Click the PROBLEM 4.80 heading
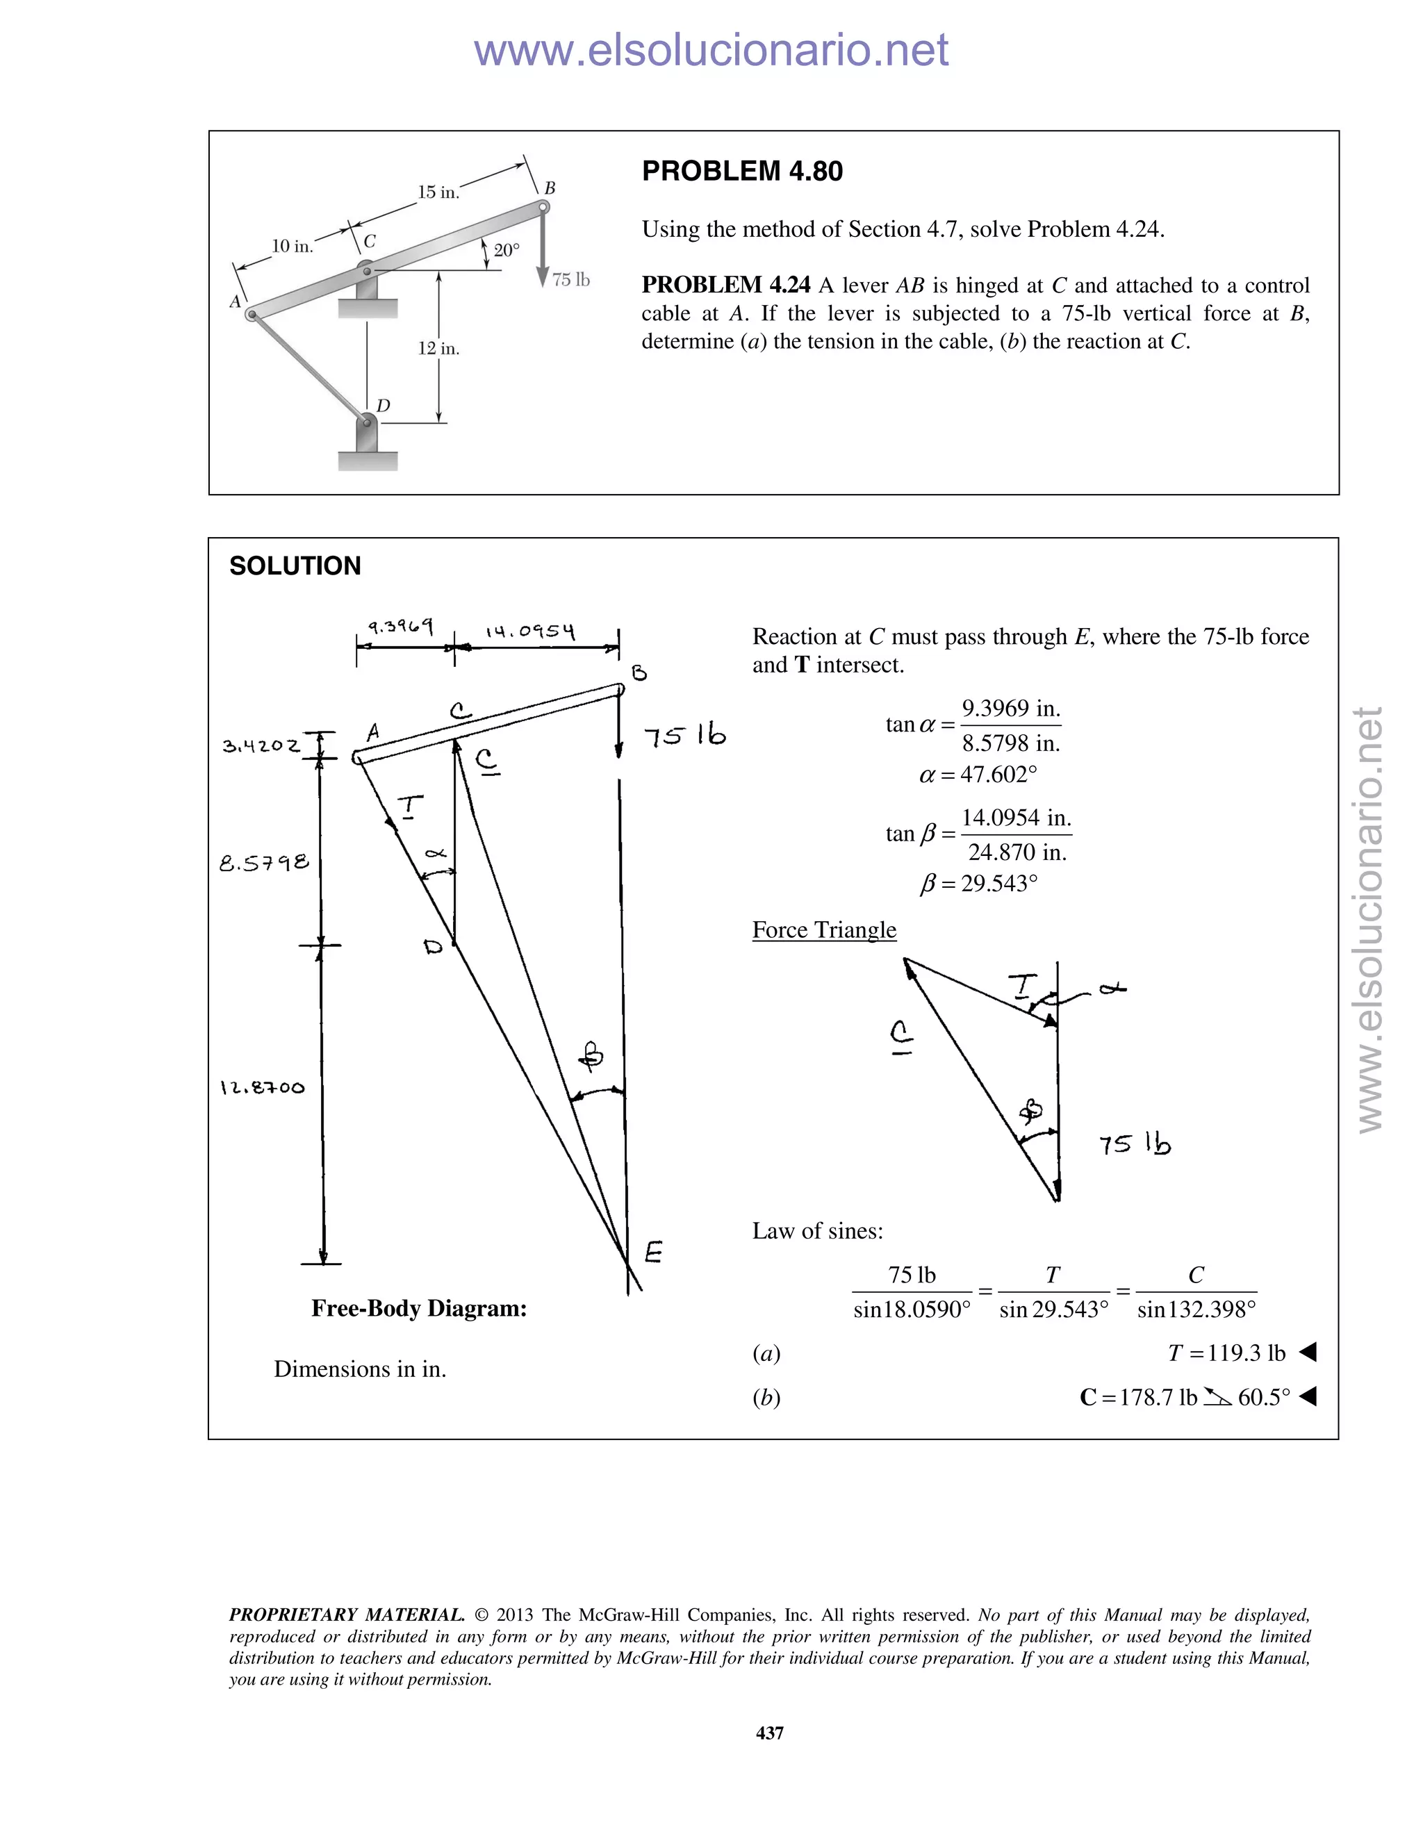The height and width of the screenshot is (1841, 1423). [x=742, y=171]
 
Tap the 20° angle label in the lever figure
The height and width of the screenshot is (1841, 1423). [x=507, y=250]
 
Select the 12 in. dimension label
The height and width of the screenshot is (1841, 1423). [x=438, y=348]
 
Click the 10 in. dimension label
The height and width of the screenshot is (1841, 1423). [x=292, y=246]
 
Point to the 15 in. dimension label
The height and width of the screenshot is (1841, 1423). [x=438, y=192]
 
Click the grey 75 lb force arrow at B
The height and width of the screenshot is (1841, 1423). [x=543, y=253]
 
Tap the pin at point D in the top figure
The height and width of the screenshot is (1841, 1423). [x=367, y=420]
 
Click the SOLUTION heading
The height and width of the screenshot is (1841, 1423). [x=295, y=565]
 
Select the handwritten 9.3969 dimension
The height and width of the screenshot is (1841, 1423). [x=400, y=627]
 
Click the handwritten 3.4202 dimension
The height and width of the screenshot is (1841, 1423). [x=261, y=746]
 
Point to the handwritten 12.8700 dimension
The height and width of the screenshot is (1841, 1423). [x=262, y=1087]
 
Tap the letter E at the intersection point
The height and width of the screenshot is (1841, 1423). [x=653, y=1252]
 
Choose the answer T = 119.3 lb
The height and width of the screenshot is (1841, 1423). [x=1226, y=1353]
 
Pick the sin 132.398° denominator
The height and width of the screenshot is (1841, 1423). [x=1196, y=1310]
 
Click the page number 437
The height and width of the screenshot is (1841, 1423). [x=770, y=1732]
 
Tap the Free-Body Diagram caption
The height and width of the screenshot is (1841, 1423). [x=419, y=1308]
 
